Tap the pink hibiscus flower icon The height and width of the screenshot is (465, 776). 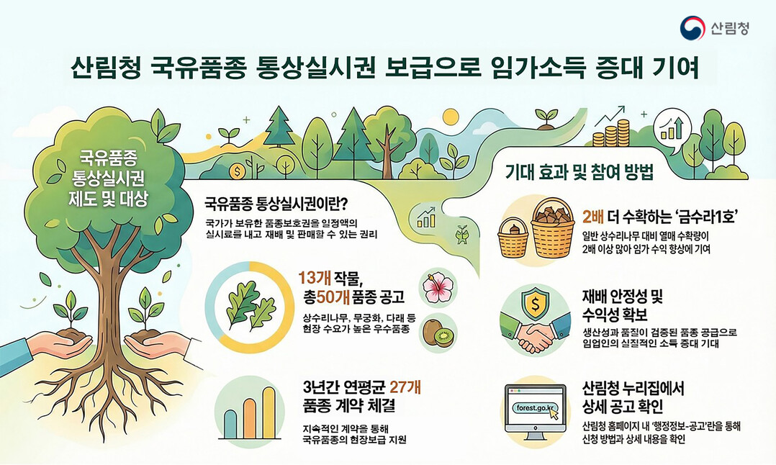438,286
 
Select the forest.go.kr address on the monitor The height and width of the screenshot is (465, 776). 533,409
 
